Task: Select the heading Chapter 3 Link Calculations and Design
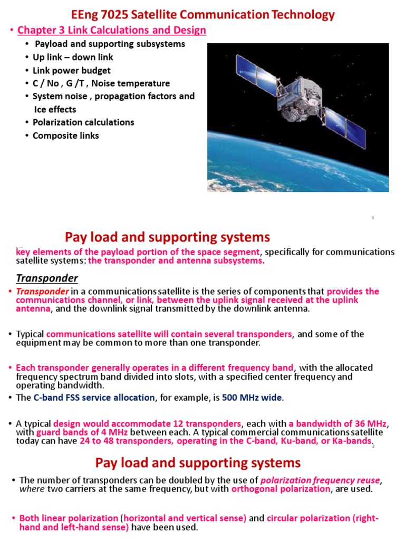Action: click(x=112, y=31)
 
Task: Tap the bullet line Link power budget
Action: click(x=72, y=70)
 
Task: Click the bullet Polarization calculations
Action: click(x=83, y=122)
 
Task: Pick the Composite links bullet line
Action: click(x=66, y=136)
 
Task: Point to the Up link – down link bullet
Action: click(x=73, y=57)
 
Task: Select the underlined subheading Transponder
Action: click(x=47, y=278)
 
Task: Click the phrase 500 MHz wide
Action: click(x=252, y=398)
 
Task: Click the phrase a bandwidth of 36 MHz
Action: click(x=338, y=423)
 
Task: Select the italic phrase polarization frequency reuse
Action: click(x=320, y=480)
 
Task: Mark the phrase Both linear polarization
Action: click(x=69, y=518)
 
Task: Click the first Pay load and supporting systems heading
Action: click(x=167, y=237)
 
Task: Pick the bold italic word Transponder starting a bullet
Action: click(x=42, y=292)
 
